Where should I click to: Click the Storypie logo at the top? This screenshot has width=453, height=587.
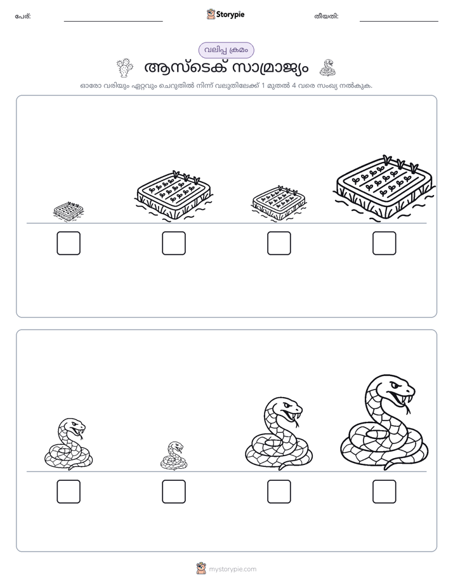(225, 14)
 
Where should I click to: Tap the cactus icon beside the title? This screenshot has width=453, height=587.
(125, 68)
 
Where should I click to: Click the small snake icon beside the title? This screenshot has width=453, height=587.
(327, 68)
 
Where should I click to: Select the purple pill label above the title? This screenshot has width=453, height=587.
(226, 50)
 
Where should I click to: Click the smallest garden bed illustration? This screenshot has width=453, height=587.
(68, 212)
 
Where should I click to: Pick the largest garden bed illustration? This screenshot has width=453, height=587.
(384, 188)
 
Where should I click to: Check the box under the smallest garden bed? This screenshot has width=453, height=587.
(69, 243)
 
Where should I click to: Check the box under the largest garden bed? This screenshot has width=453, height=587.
(384, 243)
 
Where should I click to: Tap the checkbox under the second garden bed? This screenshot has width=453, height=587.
(174, 243)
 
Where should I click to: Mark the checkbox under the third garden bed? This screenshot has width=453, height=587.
(279, 243)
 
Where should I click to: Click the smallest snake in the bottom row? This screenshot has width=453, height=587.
(174, 455)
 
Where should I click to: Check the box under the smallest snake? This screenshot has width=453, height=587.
(174, 492)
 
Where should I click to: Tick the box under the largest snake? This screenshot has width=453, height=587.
(384, 492)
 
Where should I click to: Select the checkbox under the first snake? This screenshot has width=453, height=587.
(69, 492)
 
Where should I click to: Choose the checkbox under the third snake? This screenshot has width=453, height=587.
(279, 492)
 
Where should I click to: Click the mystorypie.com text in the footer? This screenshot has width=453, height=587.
(232, 569)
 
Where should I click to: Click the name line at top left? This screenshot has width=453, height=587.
(113, 22)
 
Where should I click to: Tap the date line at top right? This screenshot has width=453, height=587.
(399, 22)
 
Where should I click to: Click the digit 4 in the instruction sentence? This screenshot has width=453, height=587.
(294, 85)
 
